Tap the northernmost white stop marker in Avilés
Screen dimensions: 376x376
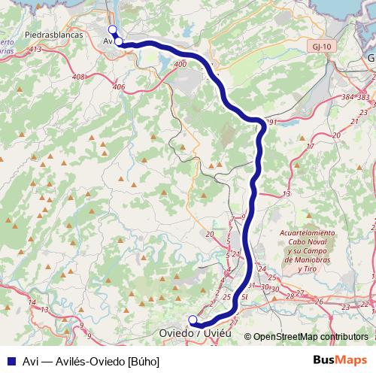tap(112, 29)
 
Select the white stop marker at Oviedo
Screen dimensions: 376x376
tap(193, 319)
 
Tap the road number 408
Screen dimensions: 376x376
tap(78, 77)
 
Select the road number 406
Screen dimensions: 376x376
tap(118, 86)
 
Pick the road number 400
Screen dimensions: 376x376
tap(179, 65)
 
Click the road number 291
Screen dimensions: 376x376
tap(271, 122)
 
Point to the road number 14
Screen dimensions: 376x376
tap(31, 302)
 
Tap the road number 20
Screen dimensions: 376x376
tap(209, 234)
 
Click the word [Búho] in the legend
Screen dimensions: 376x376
tap(144, 361)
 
